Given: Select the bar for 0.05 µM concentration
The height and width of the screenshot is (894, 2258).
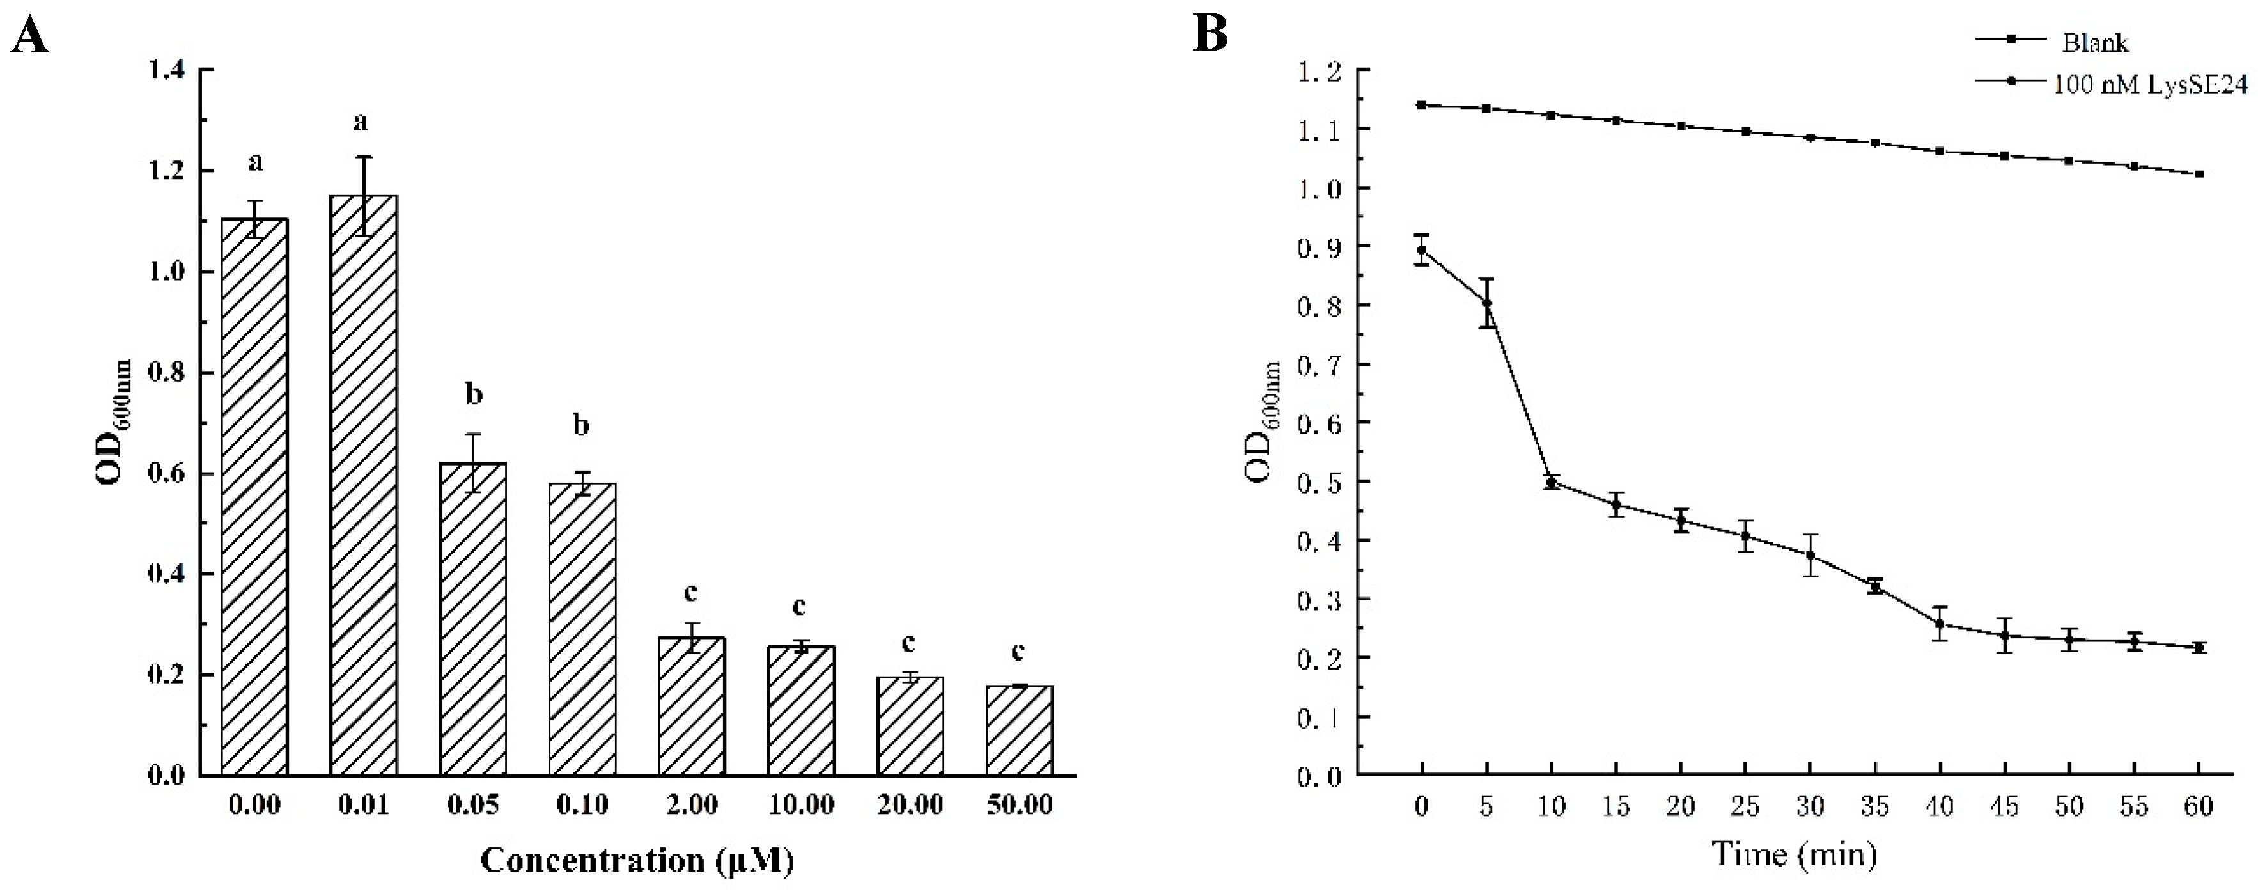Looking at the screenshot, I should coord(472,618).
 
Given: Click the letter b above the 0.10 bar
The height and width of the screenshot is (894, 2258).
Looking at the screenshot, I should coord(581,427).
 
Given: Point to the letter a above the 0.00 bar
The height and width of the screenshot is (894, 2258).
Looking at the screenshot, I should coord(255,162).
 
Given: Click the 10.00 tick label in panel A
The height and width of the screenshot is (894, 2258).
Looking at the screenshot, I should coord(800,804).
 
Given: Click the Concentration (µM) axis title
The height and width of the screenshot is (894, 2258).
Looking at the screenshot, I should coord(637,860).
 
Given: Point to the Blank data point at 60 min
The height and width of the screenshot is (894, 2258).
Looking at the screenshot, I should coord(2199,173).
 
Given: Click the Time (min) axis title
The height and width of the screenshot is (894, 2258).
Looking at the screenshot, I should coord(1795,853).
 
